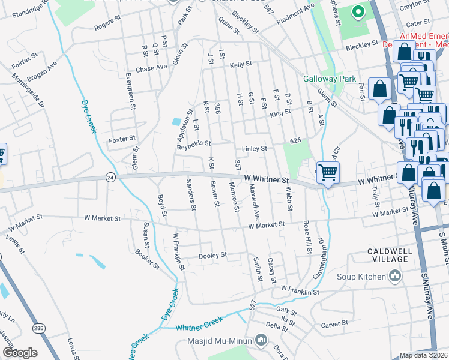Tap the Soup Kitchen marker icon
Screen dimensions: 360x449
(x=394, y=276)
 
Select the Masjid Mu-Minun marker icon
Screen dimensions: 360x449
(x=261, y=341)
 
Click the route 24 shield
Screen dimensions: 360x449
(x=110, y=177)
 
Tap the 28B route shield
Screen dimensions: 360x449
(x=39, y=328)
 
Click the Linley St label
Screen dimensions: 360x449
(x=254, y=148)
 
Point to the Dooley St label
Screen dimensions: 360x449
(x=213, y=255)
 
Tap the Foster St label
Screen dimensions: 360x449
(x=122, y=139)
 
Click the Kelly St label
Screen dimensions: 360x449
(x=240, y=64)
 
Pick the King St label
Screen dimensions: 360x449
(x=280, y=112)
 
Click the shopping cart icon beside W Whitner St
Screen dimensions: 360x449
(x=328, y=173)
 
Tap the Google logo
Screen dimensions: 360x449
(x=20, y=353)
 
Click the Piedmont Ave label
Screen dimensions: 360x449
(x=297, y=14)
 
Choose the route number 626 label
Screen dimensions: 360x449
(x=294, y=140)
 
